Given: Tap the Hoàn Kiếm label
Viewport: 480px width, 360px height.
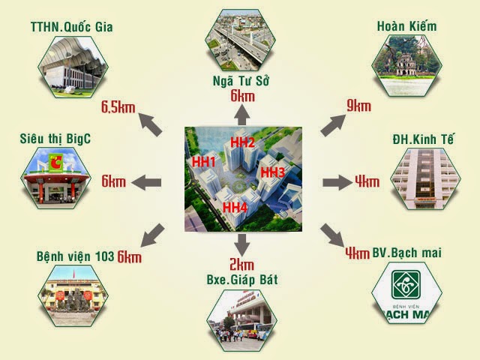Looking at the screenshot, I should pyautogui.click(x=408, y=28).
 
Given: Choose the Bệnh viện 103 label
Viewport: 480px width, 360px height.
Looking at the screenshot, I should pyautogui.click(x=75, y=256).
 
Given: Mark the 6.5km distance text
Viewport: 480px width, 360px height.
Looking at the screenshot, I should pyautogui.click(x=118, y=106).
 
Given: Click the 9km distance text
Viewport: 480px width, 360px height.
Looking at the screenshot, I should pyautogui.click(x=358, y=106).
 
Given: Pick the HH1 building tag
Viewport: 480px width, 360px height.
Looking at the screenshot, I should pyautogui.click(x=203, y=162).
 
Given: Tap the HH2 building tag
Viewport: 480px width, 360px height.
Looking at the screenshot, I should pyautogui.click(x=243, y=142).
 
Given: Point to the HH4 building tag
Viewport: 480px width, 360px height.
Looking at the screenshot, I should pyautogui.click(x=235, y=207).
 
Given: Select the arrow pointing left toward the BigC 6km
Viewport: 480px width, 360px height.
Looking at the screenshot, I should pyautogui.click(x=147, y=181).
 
